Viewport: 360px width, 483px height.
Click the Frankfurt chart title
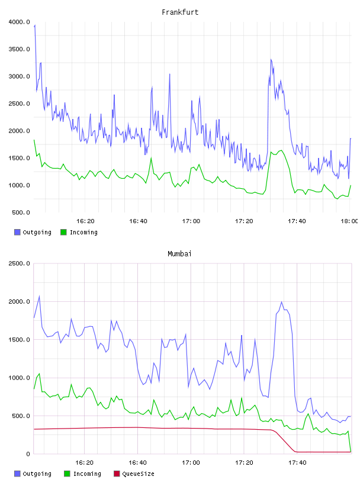click(180, 12)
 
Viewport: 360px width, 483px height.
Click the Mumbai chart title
click(179, 253)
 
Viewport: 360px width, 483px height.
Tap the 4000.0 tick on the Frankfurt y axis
click(19, 22)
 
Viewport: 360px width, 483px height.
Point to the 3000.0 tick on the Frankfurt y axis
click(19, 76)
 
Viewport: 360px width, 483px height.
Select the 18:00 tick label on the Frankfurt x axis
click(349, 221)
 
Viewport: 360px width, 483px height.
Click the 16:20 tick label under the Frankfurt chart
click(85, 221)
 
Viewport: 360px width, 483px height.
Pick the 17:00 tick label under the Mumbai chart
click(191, 462)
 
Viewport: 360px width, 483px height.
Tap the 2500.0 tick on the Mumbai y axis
click(19, 263)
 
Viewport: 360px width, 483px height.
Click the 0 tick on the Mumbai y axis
click(28, 454)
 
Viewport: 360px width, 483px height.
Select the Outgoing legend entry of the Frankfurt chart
click(33, 232)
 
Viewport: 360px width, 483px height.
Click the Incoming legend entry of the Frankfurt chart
click(79, 232)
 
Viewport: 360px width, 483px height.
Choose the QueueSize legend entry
click(134, 474)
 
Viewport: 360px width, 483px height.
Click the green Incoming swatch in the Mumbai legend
click(67, 474)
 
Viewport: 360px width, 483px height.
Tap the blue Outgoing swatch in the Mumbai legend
click(17, 474)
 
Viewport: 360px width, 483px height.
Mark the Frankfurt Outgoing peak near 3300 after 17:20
click(271, 59)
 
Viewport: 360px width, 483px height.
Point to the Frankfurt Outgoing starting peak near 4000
click(35, 25)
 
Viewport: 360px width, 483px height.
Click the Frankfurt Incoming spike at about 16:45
click(151, 158)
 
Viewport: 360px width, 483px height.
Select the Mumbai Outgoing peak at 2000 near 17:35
click(281, 302)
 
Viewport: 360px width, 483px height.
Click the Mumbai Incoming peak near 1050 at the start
click(39, 373)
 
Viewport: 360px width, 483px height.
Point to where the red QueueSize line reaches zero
click(295, 452)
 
